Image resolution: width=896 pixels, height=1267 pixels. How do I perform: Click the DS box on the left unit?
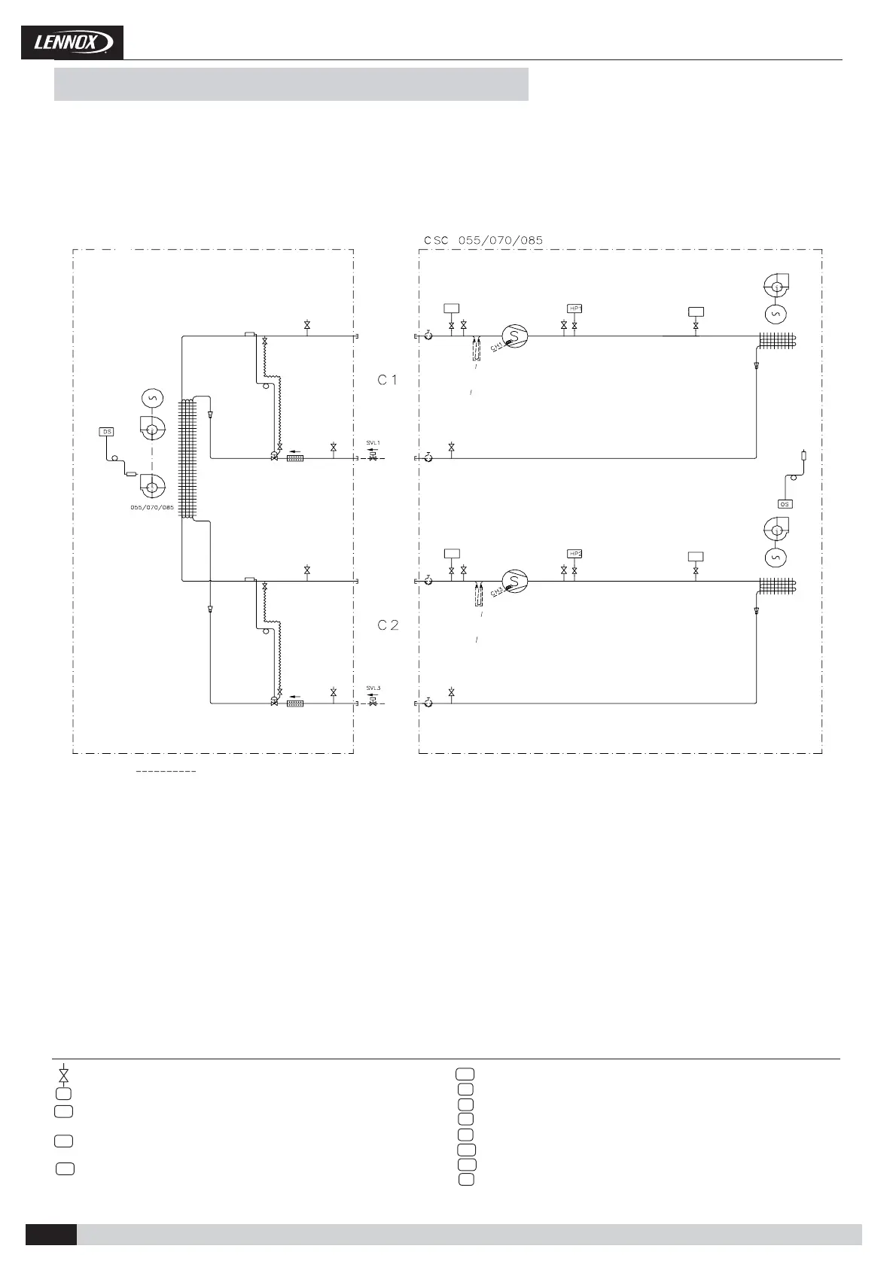pos(107,432)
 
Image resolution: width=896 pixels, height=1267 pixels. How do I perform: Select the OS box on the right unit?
pos(785,504)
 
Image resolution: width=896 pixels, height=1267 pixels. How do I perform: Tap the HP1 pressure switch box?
pos(575,308)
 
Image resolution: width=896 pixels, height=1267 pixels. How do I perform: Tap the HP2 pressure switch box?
pos(575,554)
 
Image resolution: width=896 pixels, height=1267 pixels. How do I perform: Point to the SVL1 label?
pos(373,442)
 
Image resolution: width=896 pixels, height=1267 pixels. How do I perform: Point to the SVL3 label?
pos(373,688)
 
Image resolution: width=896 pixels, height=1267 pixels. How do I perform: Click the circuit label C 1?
pos(387,381)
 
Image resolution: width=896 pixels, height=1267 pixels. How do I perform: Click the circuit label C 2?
pos(388,625)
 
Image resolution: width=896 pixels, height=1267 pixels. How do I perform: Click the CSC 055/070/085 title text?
pos(483,241)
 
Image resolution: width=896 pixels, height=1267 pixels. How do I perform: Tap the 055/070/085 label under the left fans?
pos(152,508)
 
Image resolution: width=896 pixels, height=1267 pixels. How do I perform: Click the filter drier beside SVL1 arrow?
pos(295,457)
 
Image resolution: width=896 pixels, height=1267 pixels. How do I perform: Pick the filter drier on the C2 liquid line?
pos(295,703)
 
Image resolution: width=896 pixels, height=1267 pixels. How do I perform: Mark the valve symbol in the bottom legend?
pos(64,1074)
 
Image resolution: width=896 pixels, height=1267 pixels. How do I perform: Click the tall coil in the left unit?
pos(187,459)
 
